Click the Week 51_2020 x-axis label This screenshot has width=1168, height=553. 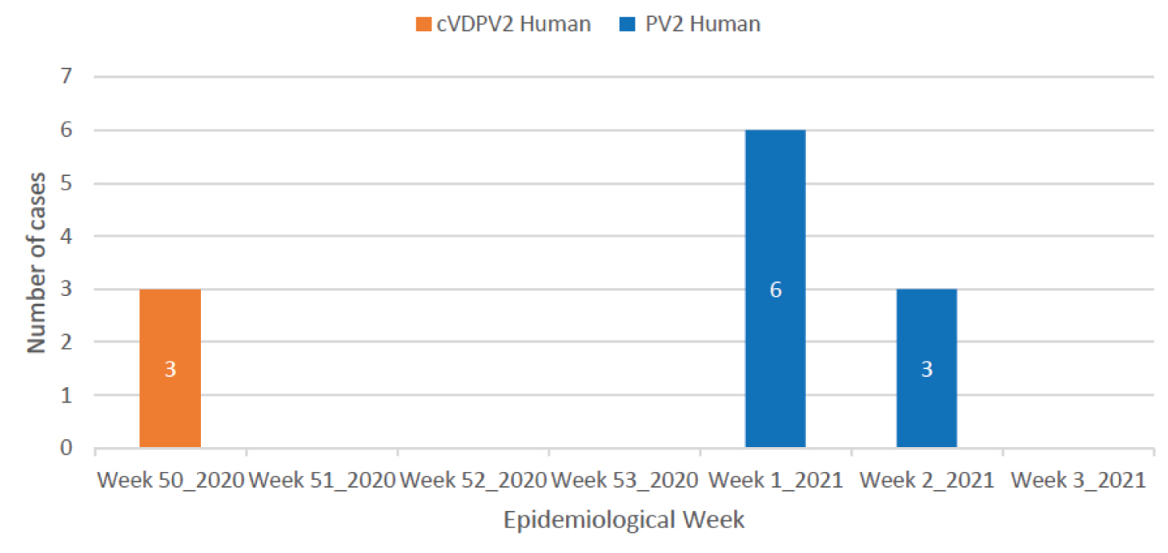321,480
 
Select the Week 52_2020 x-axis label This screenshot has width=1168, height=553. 473,480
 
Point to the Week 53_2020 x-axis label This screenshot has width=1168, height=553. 624,480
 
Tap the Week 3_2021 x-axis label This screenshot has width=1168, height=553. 1078,480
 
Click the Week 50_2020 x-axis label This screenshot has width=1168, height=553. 170,480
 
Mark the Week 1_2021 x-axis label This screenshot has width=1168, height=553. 776,480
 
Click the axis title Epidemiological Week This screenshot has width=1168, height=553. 624,520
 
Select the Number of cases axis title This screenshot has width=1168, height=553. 37,262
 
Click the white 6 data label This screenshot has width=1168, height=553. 776,290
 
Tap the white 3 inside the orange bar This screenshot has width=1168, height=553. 170,369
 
